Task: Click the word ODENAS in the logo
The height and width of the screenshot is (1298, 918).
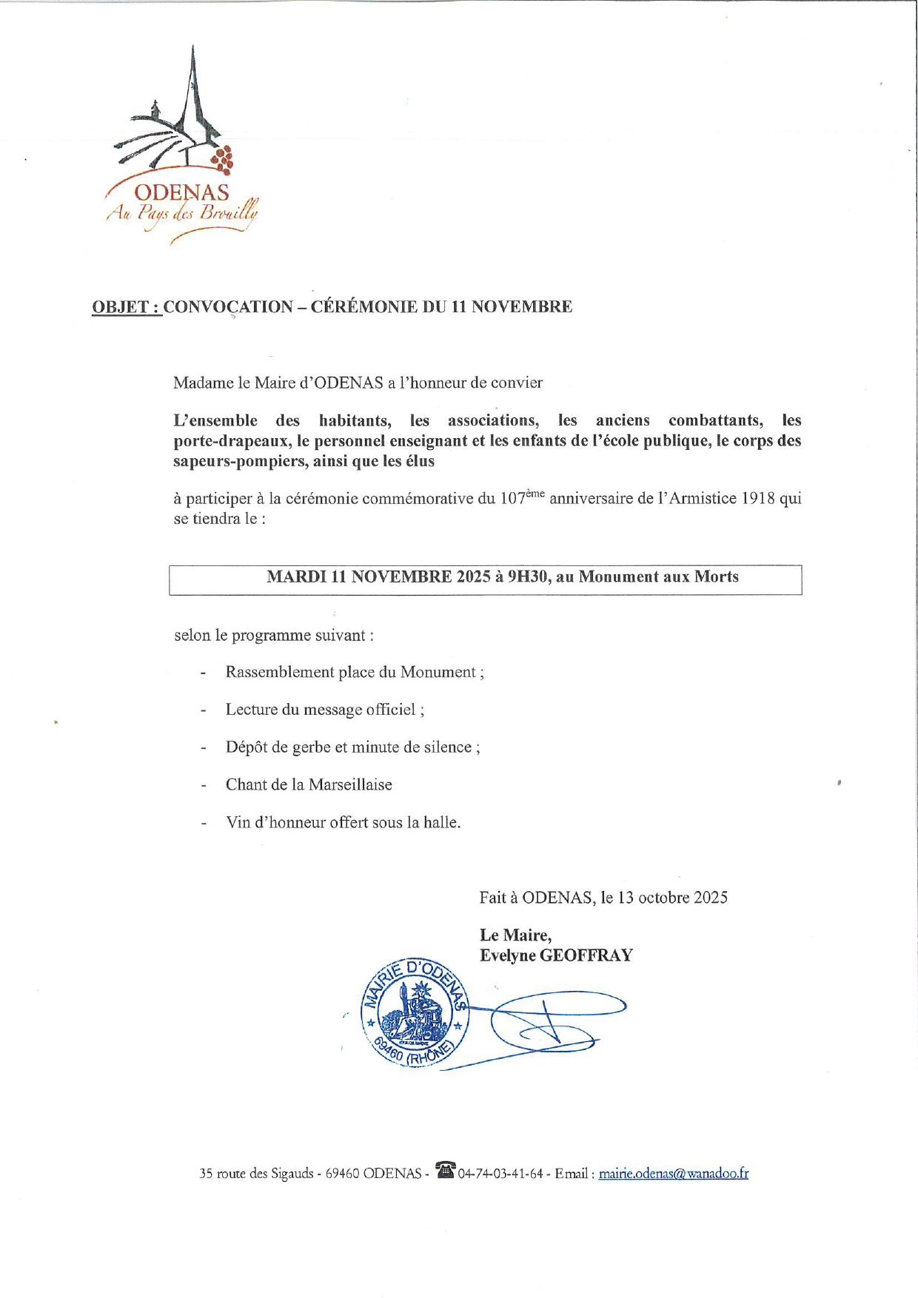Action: (x=182, y=193)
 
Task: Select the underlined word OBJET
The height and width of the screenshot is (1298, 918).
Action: (x=120, y=307)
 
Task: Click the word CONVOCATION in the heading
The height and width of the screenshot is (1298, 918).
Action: (x=228, y=307)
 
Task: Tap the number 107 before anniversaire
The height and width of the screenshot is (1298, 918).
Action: (x=512, y=499)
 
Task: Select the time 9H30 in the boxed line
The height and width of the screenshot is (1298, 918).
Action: (x=529, y=577)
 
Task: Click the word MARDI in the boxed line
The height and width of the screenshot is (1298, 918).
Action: (x=296, y=577)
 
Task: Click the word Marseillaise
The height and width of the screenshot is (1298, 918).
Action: (x=350, y=785)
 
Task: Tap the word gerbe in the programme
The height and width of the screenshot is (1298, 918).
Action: (x=311, y=747)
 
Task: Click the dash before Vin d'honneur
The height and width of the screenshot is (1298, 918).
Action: (x=203, y=823)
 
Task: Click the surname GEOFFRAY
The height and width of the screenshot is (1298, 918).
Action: (x=586, y=956)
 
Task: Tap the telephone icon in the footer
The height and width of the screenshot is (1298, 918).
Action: (x=445, y=1170)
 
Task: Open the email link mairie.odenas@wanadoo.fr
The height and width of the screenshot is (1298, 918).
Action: (x=673, y=1174)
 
